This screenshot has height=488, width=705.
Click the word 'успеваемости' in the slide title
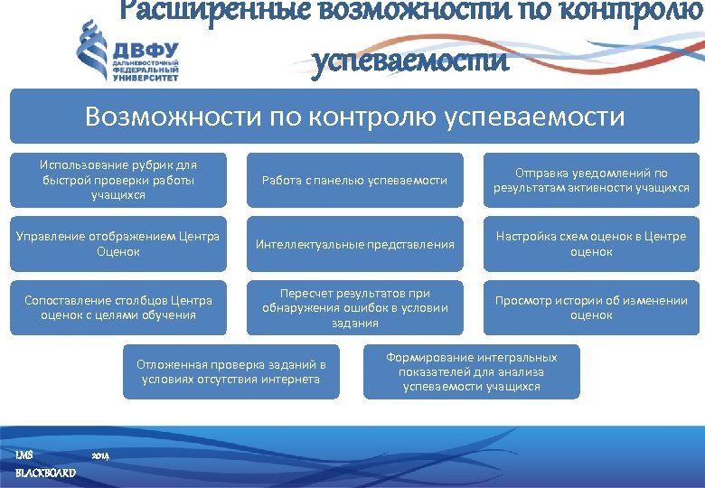[411, 62]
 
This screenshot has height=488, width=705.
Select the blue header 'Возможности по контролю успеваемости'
[354, 117]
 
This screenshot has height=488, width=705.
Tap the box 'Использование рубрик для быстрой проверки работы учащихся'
[118, 180]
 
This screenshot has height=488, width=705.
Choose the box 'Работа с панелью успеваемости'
[354, 180]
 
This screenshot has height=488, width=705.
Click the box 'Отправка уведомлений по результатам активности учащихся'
[591, 180]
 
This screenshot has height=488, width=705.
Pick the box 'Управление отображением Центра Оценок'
[118, 244]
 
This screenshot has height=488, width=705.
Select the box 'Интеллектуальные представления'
[354, 244]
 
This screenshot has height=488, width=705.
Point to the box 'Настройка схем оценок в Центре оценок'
[591, 244]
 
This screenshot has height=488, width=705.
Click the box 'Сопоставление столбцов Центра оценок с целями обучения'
[118, 307]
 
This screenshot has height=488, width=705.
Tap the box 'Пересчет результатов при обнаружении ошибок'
[354, 307]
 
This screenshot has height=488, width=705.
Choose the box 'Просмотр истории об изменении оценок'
[591, 307]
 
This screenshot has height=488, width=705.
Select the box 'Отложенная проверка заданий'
[230, 371]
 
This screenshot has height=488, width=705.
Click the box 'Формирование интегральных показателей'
[471, 371]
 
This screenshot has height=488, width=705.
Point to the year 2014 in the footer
[100, 455]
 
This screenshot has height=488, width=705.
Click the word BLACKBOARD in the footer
[46, 473]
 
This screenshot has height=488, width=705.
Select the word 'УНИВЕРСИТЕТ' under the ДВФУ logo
[146, 78]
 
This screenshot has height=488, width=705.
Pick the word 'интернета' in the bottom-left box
[291, 379]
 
